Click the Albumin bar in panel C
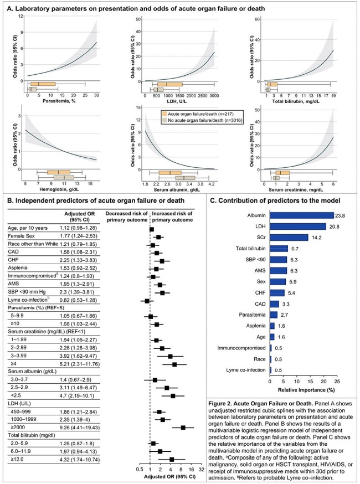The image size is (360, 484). (x=302, y=215)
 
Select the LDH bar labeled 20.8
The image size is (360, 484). (x=298, y=226)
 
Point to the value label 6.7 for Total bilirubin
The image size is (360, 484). (x=295, y=249)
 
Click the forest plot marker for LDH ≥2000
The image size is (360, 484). (x=183, y=428)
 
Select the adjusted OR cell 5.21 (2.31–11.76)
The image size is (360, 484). (x=80, y=364)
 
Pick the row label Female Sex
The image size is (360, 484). (x=21, y=236)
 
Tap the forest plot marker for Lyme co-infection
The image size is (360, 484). (x=147, y=301)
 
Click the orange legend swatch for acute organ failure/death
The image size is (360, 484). (x=165, y=114)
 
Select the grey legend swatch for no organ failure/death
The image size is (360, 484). (x=165, y=120)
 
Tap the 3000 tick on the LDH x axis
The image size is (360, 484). (x=214, y=96)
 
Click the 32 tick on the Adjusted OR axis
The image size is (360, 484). (x=201, y=470)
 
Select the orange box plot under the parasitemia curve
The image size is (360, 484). (x=43, y=84)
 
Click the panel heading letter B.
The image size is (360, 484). (x=9, y=200)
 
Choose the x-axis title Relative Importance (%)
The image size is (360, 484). (x=306, y=390)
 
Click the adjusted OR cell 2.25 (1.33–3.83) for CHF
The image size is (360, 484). (x=79, y=260)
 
